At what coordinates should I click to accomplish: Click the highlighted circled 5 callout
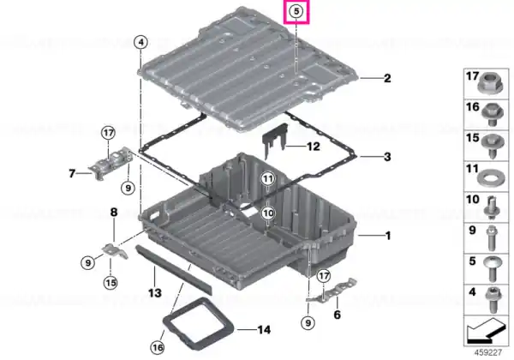click(x=296, y=11)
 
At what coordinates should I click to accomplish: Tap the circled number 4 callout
click(x=141, y=42)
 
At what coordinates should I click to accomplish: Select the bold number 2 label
click(x=387, y=78)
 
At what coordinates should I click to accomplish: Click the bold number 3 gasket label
click(x=387, y=157)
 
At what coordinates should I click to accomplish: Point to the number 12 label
click(x=313, y=147)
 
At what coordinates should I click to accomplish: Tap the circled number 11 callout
click(x=268, y=179)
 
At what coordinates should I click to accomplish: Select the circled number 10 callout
click(x=268, y=213)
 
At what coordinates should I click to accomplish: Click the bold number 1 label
click(x=388, y=236)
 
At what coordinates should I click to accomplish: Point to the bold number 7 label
click(x=72, y=173)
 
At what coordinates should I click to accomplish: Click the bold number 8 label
click(x=114, y=212)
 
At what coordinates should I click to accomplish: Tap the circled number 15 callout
click(x=111, y=283)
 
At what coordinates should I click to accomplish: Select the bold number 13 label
click(x=155, y=293)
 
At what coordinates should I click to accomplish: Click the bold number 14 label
click(x=264, y=329)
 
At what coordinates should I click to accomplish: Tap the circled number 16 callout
click(x=157, y=347)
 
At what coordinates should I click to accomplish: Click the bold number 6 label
click(x=337, y=315)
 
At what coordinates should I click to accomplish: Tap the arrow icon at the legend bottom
click(x=485, y=331)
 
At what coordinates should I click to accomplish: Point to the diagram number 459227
click(x=488, y=353)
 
